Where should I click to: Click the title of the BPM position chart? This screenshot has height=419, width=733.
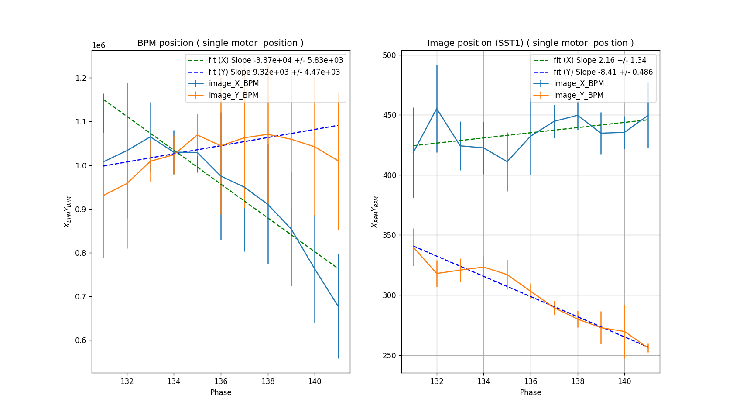(220, 43)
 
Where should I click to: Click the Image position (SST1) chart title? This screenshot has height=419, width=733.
(530, 43)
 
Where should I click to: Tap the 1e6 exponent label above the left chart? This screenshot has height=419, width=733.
(99, 46)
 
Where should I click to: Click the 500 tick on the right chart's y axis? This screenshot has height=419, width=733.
(389, 55)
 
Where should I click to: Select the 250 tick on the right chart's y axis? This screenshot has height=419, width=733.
(389, 356)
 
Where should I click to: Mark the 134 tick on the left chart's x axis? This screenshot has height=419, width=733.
(174, 381)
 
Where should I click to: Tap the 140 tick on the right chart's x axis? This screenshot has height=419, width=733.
(624, 381)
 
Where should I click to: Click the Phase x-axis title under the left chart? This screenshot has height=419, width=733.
(221, 392)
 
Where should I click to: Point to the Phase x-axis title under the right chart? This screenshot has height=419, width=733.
(531, 392)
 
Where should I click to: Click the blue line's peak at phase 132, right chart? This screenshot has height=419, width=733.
(437, 109)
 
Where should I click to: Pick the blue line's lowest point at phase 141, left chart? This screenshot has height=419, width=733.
(338, 306)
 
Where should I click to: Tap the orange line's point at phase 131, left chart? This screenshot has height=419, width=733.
(103, 195)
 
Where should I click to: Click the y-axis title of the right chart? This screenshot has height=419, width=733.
(375, 212)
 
